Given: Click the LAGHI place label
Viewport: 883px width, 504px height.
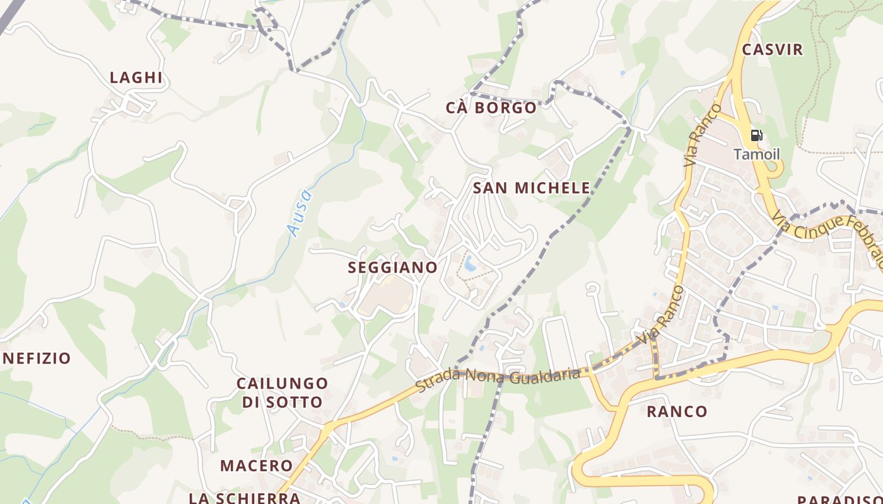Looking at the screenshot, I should [x=136, y=77].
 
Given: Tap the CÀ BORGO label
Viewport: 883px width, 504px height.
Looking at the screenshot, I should [x=491, y=108].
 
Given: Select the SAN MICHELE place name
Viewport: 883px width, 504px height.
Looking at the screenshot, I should [x=532, y=188].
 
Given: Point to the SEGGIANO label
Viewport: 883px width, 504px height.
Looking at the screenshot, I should [x=393, y=267].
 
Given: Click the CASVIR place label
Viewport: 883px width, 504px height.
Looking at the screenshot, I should [x=773, y=50].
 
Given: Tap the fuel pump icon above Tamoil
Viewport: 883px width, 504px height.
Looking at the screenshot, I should [x=756, y=135].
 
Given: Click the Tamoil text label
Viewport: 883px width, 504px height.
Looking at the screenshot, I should [x=756, y=154].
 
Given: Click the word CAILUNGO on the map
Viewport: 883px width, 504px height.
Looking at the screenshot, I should [x=282, y=383].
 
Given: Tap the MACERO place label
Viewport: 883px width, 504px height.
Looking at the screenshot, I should [x=256, y=466].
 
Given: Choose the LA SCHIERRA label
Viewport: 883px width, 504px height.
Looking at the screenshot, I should [x=245, y=498].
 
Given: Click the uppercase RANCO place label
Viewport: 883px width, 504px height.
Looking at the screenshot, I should [x=677, y=412].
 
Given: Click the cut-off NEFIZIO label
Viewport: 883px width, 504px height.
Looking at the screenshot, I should [x=37, y=358].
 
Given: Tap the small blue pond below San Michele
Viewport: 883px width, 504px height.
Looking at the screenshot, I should [x=471, y=263].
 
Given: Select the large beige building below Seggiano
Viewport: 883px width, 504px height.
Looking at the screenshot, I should [x=385, y=297].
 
